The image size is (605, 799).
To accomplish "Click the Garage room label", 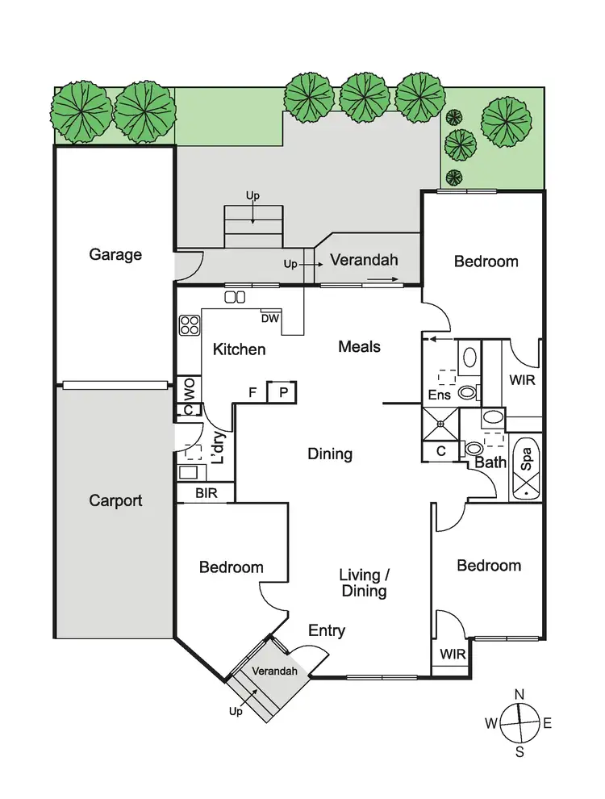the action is coord(115,255).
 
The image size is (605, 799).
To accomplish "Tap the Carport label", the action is coord(115,500).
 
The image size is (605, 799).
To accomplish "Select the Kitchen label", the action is coord(239,349).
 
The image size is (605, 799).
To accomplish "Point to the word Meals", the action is coord(359,346).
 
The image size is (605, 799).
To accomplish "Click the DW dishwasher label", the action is coord(270,319).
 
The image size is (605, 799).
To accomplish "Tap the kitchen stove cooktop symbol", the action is coord(190,325).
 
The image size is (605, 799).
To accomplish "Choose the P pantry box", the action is coord(282,392).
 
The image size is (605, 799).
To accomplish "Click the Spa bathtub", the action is coord(526,466).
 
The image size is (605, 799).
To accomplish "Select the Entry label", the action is coord(327,630).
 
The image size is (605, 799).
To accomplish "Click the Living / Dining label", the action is coord(363,583).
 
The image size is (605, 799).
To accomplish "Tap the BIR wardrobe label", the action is coord(206,492).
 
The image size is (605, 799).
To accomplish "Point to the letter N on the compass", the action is coord(520,694).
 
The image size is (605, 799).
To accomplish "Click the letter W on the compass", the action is coord(490,723).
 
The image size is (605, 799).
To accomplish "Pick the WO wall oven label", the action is coord(189,390).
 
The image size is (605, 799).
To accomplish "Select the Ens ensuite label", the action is coord(440,395).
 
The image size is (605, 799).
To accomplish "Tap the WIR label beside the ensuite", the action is coord(522,379).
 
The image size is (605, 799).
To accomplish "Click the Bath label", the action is coord(490,462).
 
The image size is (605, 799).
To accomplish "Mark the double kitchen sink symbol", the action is coord(235,297).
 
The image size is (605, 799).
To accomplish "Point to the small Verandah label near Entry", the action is coord(269,671).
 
